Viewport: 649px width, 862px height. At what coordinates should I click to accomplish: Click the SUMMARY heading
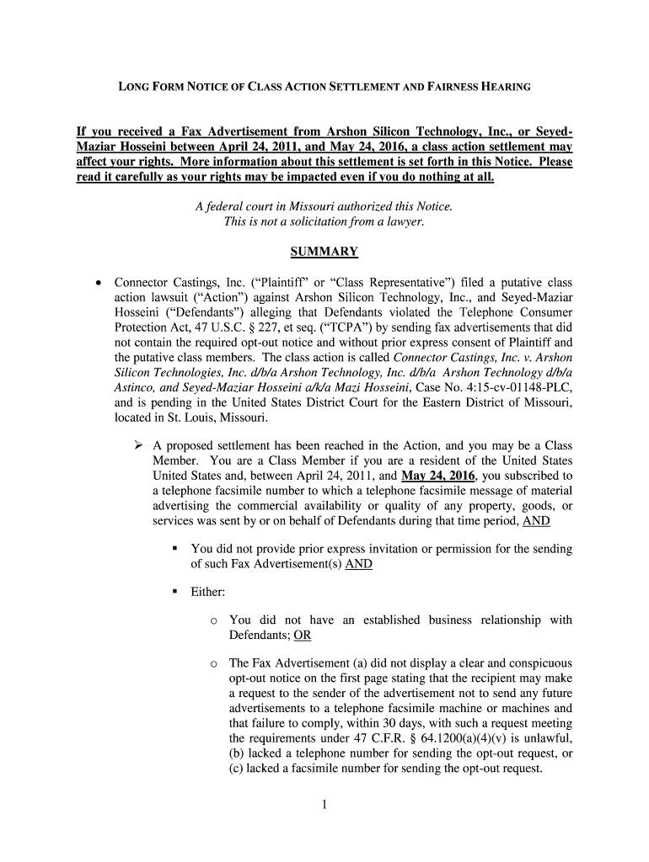point(324,252)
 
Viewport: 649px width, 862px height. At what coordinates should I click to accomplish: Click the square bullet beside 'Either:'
point(175,593)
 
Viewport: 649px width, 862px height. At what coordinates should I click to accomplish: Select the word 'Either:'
point(207,593)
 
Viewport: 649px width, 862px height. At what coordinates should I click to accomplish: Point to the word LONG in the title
point(132,87)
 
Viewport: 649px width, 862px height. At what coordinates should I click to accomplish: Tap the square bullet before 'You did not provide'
point(175,549)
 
